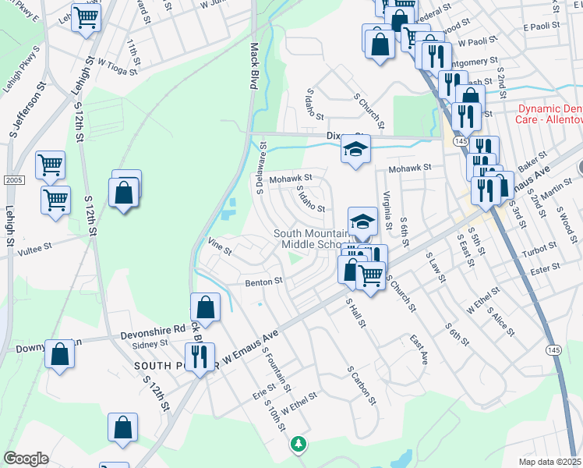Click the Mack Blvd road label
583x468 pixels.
(x=253, y=66)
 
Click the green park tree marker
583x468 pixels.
(x=297, y=444)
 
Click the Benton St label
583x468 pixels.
(x=263, y=282)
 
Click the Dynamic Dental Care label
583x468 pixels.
(x=549, y=115)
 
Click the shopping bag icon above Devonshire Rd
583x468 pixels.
(x=205, y=307)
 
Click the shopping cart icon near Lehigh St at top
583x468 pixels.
(x=86, y=17)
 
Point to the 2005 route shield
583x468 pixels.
(x=9, y=180)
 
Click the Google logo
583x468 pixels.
(x=26, y=458)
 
